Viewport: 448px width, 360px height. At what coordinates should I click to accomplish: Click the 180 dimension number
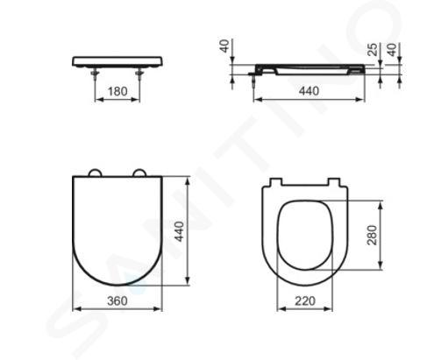pos(117,91)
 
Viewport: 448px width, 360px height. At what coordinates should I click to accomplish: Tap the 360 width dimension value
pos(117,300)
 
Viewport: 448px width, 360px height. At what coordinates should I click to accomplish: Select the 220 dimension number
pos(305,300)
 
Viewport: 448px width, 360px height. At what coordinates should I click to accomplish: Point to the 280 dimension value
pos(372,236)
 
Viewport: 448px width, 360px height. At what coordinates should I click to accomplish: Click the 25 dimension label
pos(373,50)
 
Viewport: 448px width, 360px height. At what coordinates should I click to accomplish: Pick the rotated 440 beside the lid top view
pos(179,231)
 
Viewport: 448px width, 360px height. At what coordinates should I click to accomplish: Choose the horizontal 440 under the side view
pos(309,91)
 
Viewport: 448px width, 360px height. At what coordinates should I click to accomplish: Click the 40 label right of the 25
pos(393,50)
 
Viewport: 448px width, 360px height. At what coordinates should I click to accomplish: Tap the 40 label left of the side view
pos(224,46)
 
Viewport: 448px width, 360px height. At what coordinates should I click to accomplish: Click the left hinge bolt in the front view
pos(95,74)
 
